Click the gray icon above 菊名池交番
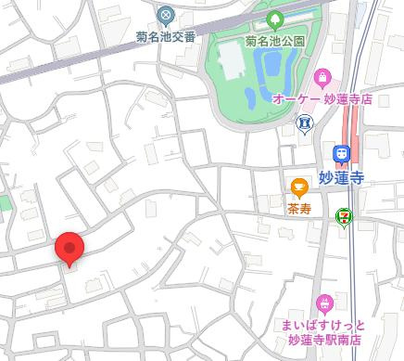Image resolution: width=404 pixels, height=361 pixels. click(x=165, y=15)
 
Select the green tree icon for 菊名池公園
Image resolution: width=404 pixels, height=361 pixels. click(x=275, y=18)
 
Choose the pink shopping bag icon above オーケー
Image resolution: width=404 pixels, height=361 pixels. click(x=322, y=76)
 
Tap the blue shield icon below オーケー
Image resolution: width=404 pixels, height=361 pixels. click(x=303, y=122)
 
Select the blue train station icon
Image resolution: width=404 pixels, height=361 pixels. click(x=342, y=152)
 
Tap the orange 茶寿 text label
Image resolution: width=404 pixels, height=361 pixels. click(x=298, y=210)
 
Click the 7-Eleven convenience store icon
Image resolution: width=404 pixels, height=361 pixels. click(x=344, y=216)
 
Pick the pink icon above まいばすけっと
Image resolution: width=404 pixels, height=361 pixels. click(x=324, y=302)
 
